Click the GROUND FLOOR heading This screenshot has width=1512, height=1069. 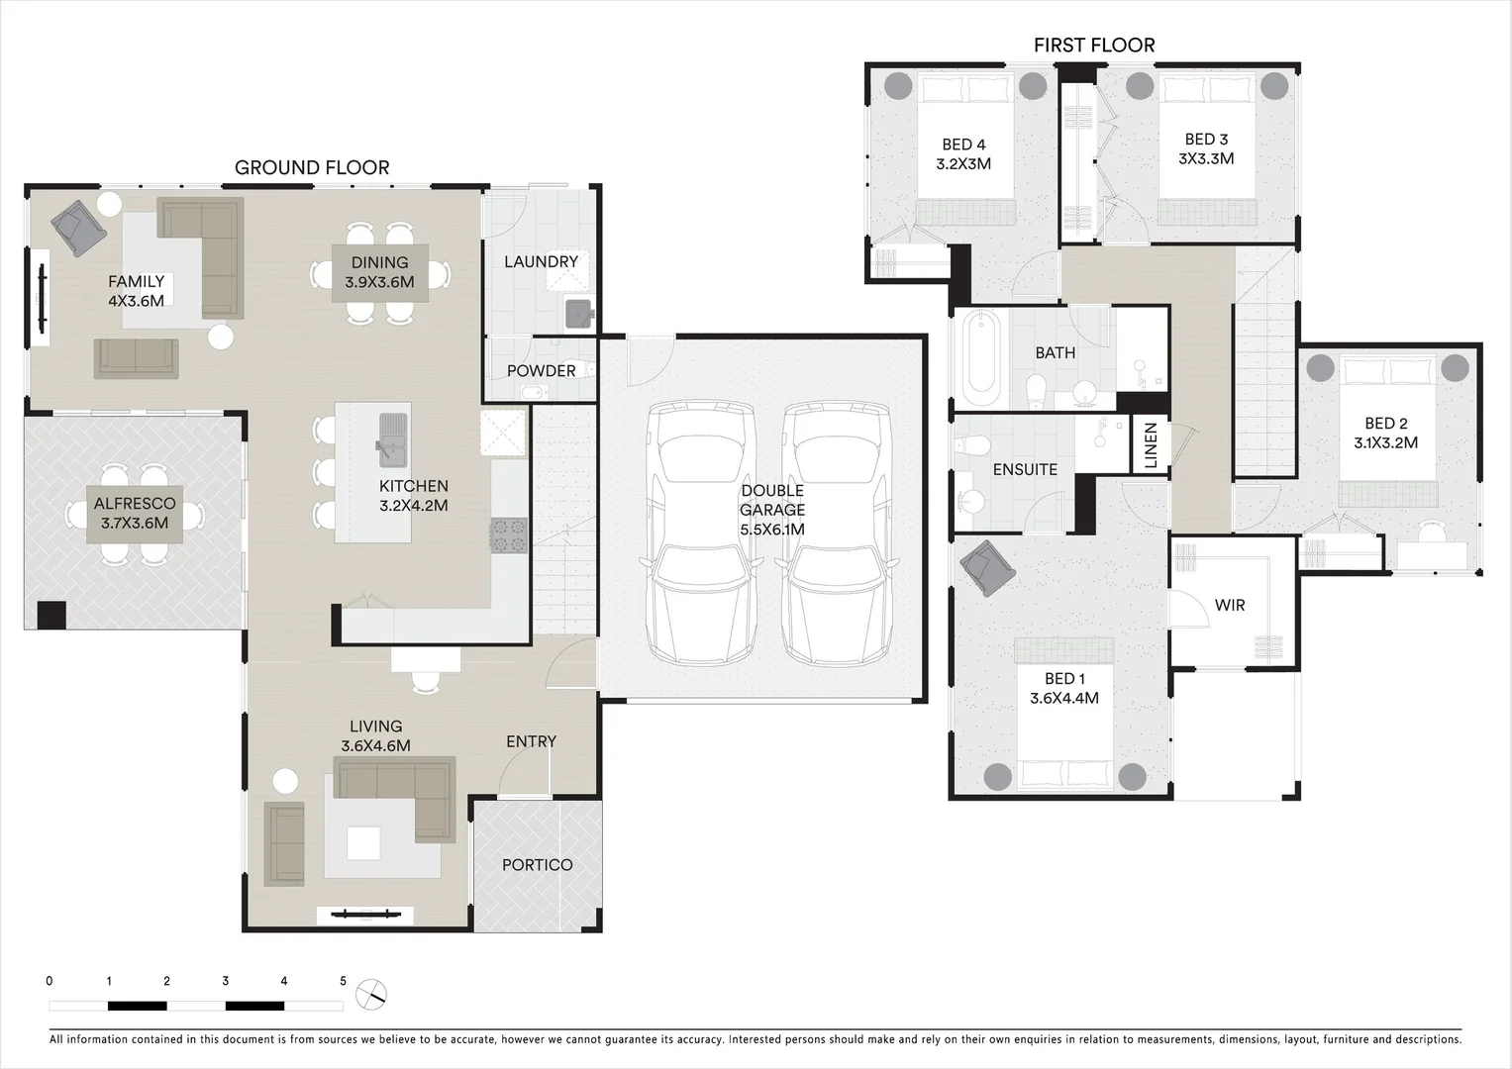click(x=312, y=167)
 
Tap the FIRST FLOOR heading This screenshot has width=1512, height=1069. click(x=1094, y=45)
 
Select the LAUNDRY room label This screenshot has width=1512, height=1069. click(x=541, y=261)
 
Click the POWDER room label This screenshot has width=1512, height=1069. click(x=541, y=370)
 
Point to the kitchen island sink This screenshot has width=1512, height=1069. click(x=392, y=438)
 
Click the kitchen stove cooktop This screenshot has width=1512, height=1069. click(x=509, y=535)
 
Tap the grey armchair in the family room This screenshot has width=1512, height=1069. click(x=79, y=229)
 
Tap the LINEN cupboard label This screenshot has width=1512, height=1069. click(x=1151, y=444)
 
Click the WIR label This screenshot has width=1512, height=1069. click(x=1230, y=605)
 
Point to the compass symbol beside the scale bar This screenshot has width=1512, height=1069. click(x=371, y=994)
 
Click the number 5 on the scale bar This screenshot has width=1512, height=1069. click(x=344, y=981)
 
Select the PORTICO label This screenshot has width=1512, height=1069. click(x=537, y=865)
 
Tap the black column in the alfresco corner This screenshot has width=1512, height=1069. click(x=51, y=615)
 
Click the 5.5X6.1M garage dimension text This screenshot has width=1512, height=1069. click(x=772, y=530)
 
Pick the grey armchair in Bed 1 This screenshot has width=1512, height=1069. click(x=987, y=568)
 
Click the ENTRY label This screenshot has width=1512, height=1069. click(x=531, y=741)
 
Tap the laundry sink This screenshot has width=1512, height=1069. click(x=578, y=314)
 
